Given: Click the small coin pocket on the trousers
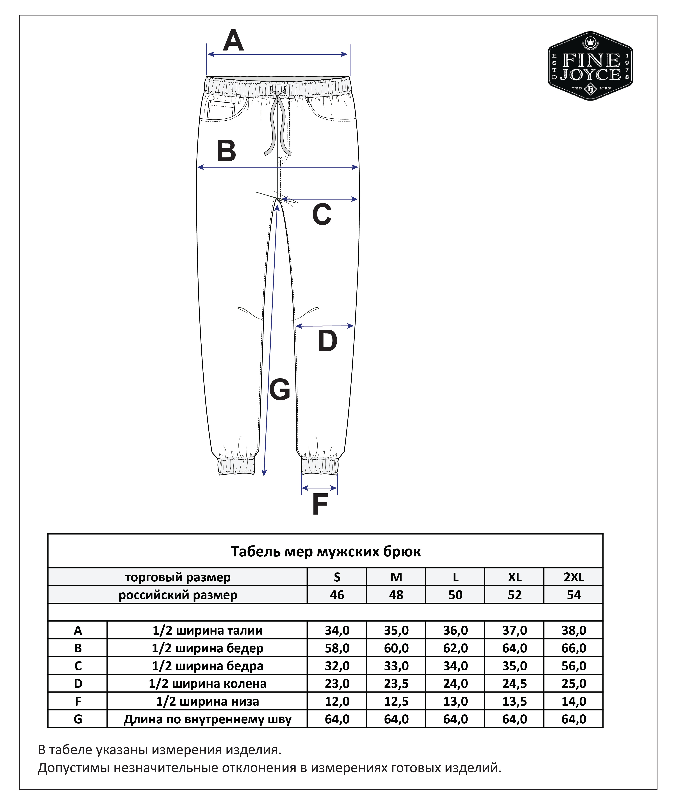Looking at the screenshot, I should pyautogui.click(x=221, y=110).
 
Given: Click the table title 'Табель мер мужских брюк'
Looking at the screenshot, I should pyautogui.click(x=326, y=551).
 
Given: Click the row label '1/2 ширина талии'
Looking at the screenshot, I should pyautogui.click(x=207, y=630).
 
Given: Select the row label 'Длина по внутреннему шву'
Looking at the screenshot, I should pyautogui.click(x=207, y=719).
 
